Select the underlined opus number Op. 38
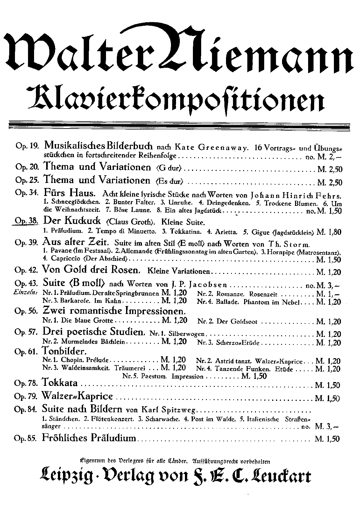(27, 221)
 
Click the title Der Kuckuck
(72, 220)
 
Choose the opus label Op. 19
(27, 146)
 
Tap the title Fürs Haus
(69, 193)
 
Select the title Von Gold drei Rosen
(91, 270)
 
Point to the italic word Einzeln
(26, 292)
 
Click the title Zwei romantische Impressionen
(114, 310)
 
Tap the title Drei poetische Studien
(94, 332)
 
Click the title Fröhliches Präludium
(89, 438)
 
